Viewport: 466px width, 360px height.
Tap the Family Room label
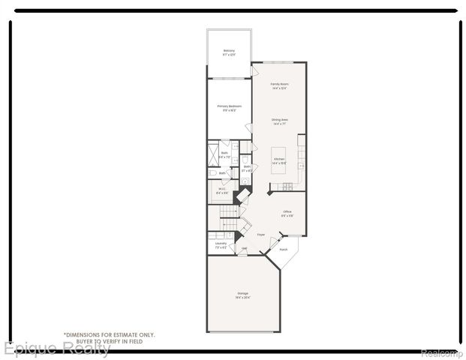[x=279, y=85]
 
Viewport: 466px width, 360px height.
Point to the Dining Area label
[x=280, y=121]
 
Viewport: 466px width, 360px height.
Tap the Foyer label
[x=261, y=235]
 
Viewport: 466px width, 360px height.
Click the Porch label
[x=284, y=250]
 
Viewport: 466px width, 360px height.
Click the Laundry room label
[x=221, y=244]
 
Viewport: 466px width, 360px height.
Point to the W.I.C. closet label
[x=222, y=191]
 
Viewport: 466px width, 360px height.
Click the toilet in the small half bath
[x=246, y=180]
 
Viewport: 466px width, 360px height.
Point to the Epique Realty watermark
[x=56, y=348]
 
